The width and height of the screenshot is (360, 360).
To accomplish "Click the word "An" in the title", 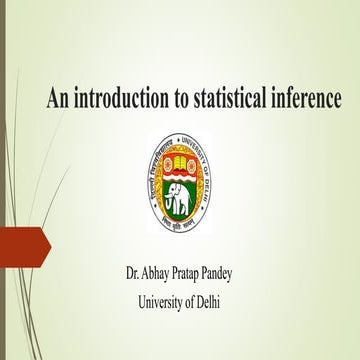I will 58,99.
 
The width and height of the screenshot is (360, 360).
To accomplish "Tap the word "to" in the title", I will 187,99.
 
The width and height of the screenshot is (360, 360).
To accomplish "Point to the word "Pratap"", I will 208,273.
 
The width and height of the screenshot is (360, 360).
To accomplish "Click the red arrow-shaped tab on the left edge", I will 22,244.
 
